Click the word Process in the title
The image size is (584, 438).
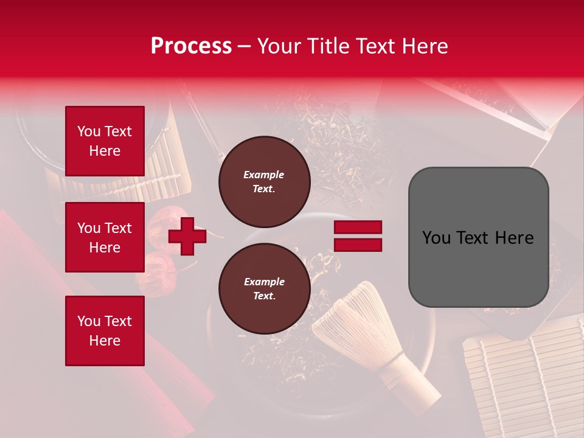191,46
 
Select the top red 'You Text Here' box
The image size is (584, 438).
105,141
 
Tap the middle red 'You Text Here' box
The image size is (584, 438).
105,237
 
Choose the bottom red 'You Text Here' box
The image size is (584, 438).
105,331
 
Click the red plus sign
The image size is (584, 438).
187,236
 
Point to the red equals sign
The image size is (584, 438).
358,236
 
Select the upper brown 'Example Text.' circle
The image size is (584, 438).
265,182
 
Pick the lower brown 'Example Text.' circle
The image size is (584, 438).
265,289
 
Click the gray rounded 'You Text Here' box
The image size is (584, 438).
478,237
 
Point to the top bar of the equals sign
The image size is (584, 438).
358,228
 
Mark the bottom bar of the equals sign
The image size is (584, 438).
358,245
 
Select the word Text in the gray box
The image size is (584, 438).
473,238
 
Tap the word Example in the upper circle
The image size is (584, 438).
264,175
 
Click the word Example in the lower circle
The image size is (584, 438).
264,282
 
